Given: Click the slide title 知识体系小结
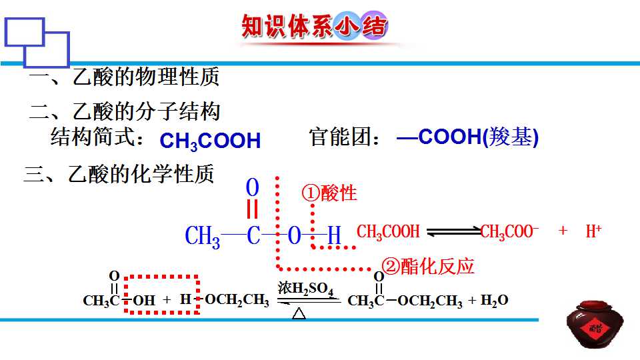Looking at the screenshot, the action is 314,26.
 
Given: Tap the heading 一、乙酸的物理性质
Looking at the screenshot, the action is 125,77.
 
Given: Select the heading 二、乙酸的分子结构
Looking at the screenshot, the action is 125,111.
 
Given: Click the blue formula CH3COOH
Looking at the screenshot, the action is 210,141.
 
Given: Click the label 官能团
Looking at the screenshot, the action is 340,136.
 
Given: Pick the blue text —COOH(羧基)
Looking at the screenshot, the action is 467,137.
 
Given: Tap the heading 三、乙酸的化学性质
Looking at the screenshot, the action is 119,175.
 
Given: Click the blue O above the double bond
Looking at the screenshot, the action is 252,187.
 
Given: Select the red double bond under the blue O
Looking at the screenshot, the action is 252,209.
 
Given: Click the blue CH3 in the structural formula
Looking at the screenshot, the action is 203,237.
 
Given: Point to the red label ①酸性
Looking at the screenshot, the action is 329,193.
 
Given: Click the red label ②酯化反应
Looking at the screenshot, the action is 427,267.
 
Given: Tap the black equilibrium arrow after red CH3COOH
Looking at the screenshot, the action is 453,231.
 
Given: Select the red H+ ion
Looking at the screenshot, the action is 593,231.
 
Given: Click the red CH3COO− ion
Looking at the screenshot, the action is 509,232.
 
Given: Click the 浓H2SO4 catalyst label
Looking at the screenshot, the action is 306,288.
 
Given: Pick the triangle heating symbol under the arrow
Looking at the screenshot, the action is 299,313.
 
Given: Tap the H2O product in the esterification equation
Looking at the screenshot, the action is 494,301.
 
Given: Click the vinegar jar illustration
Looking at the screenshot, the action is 595,325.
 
